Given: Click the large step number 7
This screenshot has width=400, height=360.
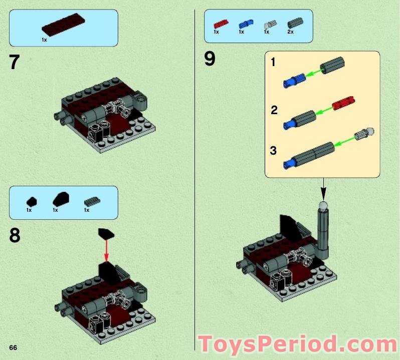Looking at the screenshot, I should pos(14,63).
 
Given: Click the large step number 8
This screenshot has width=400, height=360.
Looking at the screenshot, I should pos(15,235).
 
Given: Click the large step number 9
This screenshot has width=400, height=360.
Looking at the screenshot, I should pos(210,59).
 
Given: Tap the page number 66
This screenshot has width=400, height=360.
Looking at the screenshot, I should pos(13,347).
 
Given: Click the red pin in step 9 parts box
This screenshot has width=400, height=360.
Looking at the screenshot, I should pos(220,24).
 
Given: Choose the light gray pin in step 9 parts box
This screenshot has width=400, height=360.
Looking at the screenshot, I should pos(269,24).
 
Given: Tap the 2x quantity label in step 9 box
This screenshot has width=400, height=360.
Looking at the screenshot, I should pos(290,32).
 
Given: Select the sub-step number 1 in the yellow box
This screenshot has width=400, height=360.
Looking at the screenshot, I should pos(273,63).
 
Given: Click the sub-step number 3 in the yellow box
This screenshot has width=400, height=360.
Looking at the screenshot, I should pos(273,150).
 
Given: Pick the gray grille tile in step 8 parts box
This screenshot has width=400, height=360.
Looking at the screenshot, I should pos(92,201).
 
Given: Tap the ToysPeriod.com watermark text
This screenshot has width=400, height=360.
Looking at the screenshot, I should pos(298,344).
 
